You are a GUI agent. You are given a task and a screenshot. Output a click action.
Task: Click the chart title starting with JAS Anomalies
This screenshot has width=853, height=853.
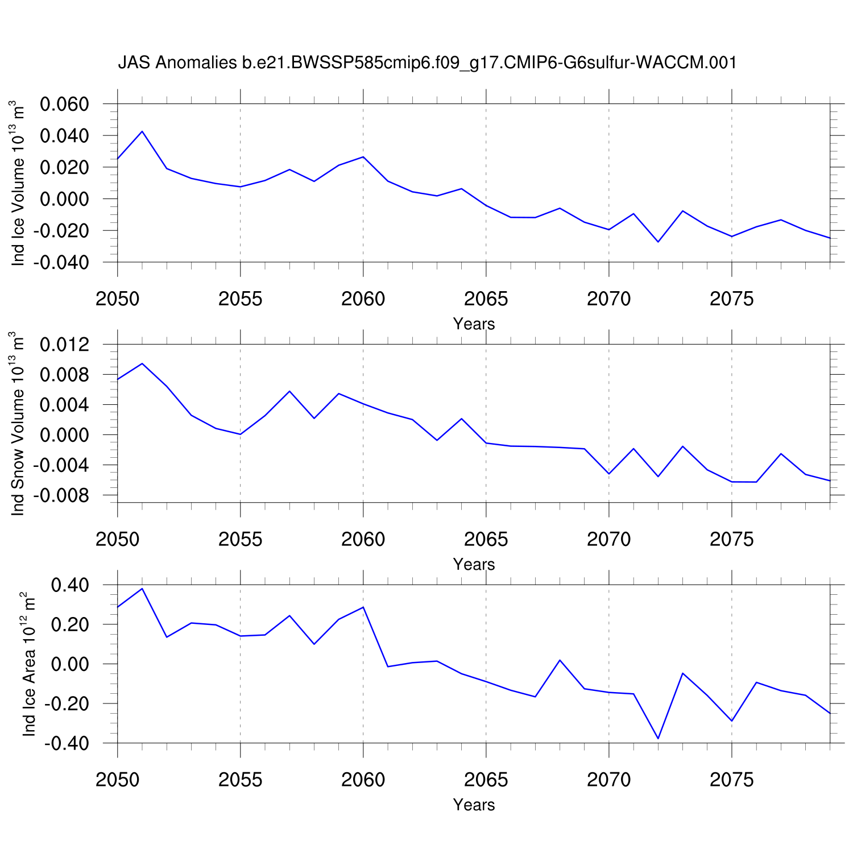click(427, 63)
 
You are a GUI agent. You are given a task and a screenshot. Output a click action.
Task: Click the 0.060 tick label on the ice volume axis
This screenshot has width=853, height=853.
click(64, 105)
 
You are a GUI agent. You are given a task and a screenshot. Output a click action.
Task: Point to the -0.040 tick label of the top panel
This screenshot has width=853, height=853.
click(61, 263)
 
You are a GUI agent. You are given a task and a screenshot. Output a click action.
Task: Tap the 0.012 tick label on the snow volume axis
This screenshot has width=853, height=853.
click(64, 345)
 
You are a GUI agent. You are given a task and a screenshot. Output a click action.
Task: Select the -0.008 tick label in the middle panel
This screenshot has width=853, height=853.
click(61, 496)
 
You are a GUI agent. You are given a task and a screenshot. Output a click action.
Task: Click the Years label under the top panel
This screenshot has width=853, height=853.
click(474, 324)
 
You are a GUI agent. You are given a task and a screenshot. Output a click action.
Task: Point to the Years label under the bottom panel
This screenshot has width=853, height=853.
click(474, 805)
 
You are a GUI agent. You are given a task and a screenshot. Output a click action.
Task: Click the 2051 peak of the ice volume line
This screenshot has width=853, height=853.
click(142, 131)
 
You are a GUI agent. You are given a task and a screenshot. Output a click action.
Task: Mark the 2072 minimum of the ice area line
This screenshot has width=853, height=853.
click(658, 739)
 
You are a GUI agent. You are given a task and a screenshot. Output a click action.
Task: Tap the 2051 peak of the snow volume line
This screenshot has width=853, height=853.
click(142, 363)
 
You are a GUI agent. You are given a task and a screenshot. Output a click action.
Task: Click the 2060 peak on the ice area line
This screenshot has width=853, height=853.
click(363, 607)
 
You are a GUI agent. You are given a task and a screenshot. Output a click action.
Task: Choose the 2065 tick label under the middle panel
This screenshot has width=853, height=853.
click(486, 539)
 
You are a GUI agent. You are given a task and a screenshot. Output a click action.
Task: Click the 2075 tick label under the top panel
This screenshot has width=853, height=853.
click(731, 299)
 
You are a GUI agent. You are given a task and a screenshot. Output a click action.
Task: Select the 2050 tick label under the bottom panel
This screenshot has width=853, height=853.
click(118, 780)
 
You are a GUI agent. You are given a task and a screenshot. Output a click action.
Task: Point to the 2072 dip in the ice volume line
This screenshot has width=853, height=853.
click(658, 242)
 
